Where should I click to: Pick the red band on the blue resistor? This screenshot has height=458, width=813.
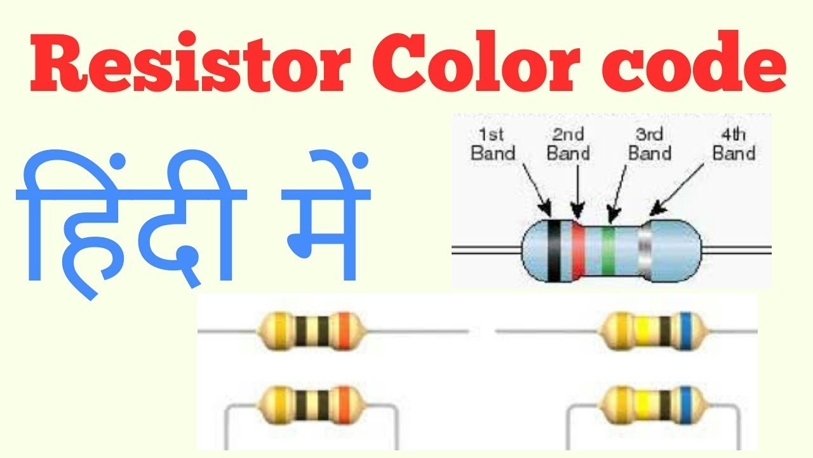pyautogui.click(x=578, y=251)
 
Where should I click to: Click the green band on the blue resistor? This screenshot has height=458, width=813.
pyautogui.click(x=608, y=251)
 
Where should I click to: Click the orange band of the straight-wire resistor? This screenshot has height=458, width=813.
pyautogui.click(x=344, y=331)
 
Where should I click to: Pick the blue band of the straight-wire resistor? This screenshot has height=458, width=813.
pyautogui.click(x=684, y=331)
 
